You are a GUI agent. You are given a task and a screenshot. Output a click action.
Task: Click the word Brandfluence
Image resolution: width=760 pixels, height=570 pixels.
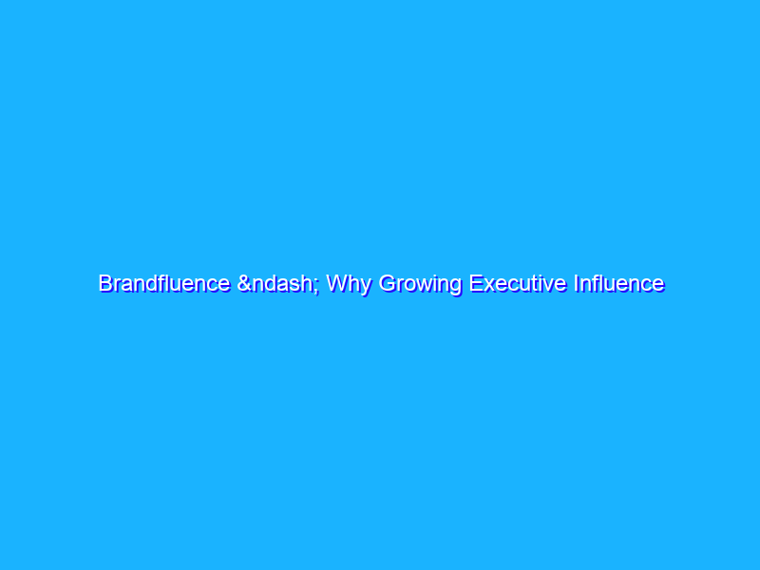tap(163, 283)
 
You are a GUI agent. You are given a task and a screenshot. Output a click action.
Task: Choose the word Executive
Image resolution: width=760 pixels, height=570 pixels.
tap(513, 283)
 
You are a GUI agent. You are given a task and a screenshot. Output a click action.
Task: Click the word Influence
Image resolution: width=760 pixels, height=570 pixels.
tap(617, 283)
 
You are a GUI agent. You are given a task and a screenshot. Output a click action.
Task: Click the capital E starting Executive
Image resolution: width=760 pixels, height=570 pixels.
tap(469, 283)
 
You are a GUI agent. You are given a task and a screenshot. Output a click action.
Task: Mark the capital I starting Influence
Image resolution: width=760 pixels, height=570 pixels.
tap(574, 283)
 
